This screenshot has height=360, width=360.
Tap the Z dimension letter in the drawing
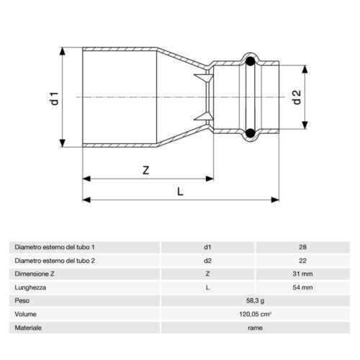pos(145,171)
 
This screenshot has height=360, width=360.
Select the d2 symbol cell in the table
pos(207,260)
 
